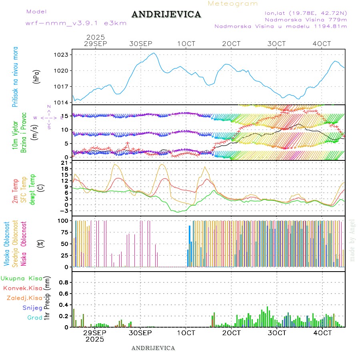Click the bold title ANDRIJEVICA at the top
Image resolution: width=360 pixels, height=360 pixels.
[x=166, y=15]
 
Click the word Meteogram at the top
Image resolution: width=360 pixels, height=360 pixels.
[x=233, y=4]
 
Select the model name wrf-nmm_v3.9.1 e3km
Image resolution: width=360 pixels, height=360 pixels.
[x=76, y=23]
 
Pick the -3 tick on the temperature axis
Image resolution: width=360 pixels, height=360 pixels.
[x=65, y=211]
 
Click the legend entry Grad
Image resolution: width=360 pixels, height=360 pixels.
[x=35, y=318]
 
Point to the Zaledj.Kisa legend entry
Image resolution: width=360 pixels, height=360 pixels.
[x=24, y=298]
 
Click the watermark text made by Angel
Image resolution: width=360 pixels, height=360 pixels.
[x=352, y=240]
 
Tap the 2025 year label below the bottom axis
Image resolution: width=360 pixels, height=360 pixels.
[x=95, y=339]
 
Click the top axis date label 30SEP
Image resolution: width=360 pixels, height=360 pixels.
[x=140, y=44]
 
